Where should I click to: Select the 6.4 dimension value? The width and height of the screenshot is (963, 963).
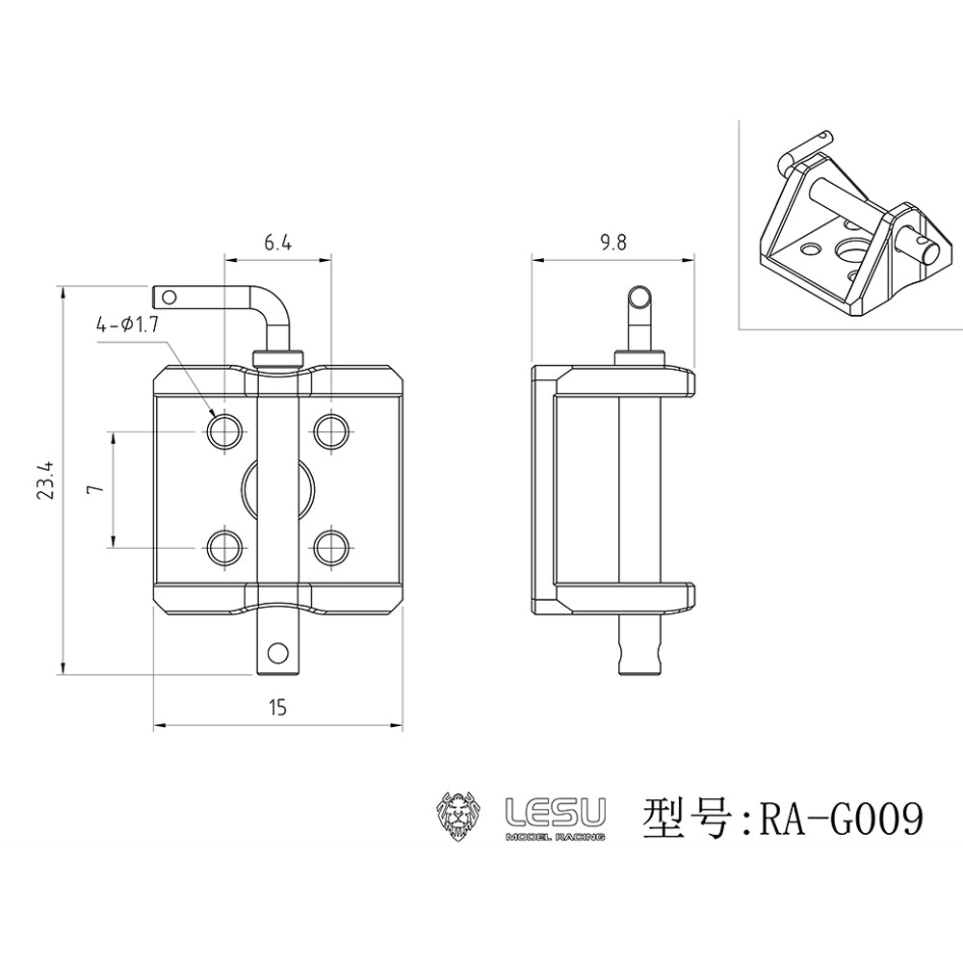(277, 244)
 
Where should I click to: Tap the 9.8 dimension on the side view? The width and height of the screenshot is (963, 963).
(613, 244)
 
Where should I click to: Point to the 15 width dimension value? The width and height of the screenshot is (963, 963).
(277, 708)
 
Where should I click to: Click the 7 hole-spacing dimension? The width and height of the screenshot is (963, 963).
(93, 489)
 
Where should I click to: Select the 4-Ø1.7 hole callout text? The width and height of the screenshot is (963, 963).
(127, 325)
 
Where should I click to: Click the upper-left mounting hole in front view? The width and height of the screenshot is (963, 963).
(224, 431)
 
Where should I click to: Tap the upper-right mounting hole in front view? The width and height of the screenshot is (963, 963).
(331, 431)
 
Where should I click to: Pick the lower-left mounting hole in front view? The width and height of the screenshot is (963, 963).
(224, 547)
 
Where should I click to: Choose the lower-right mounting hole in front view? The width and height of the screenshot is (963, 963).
(331, 547)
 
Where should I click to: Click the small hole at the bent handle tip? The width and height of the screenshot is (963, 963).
(169, 299)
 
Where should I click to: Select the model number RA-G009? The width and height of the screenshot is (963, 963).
(842, 818)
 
